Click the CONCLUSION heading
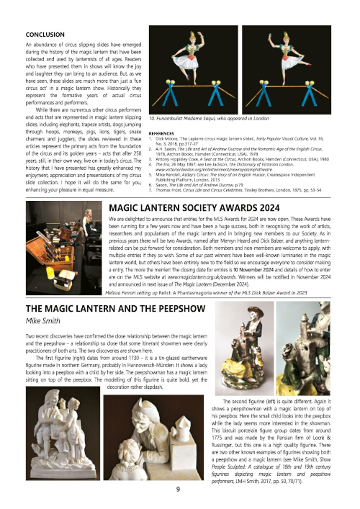[x=45, y=34]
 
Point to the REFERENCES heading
[x=166, y=134]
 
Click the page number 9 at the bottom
[x=179, y=490]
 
